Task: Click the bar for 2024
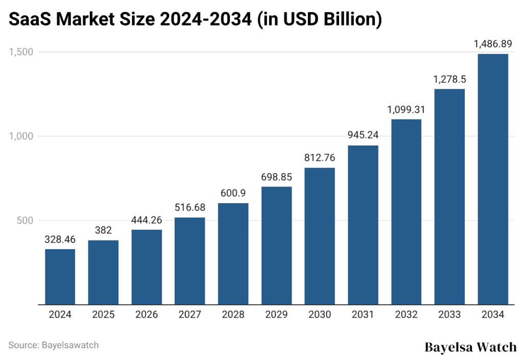[x=60, y=277]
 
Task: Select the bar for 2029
[x=276, y=246]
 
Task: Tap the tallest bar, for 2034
[x=493, y=179]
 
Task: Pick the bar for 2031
[x=363, y=225]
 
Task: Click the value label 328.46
[x=60, y=239]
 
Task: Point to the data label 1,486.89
[x=493, y=44]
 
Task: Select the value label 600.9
[x=233, y=194]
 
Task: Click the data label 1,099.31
[x=406, y=109]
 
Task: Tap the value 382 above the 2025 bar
[x=103, y=230]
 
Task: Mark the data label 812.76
[x=320, y=158]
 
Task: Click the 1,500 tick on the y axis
[x=20, y=52]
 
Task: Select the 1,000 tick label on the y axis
[x=20, y=136]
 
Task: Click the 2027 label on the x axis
[x=189, y=315]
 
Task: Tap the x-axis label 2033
[x=449, y=315]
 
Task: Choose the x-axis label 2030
[x=320, y=315]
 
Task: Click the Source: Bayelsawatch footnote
[x=54, y=345]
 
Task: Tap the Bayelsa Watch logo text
[x=470, y=347]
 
